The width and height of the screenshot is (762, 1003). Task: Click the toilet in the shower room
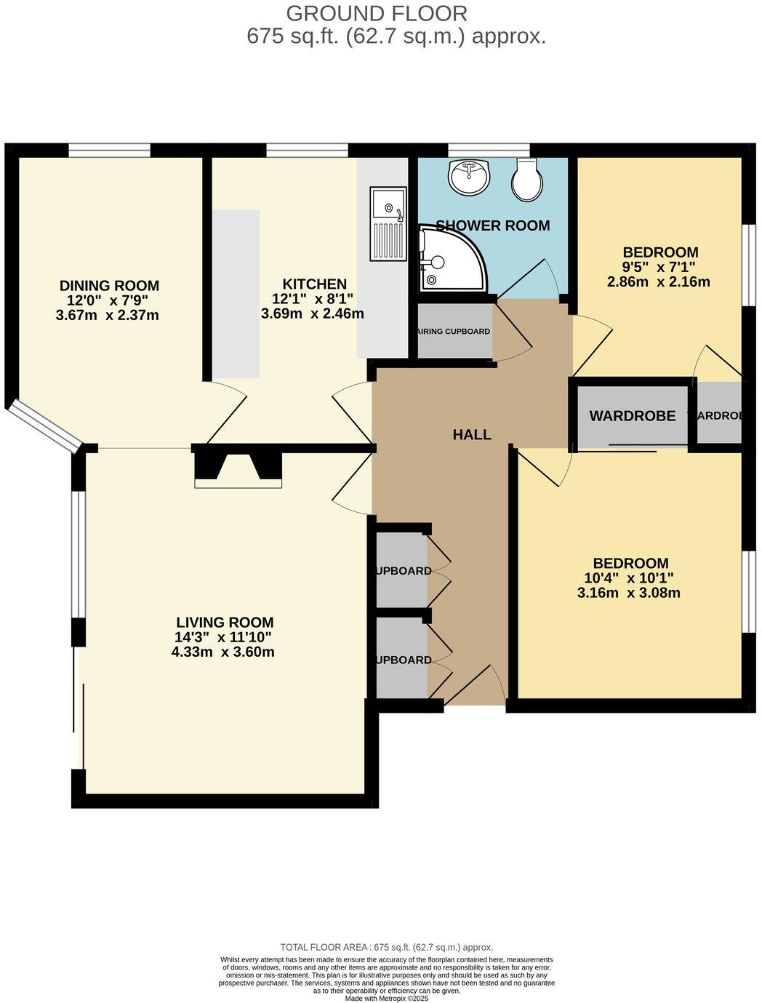[x=526, y=181]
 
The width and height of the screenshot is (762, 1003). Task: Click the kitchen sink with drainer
[x=387, y=223]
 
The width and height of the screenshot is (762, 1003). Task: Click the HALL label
[x=472, y=435]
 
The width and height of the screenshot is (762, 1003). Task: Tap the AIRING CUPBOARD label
[x=453, y=332]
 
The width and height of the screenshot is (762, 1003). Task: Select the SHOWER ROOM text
[x=493, y=225]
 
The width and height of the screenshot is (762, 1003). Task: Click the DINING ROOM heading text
[x=109, y=286]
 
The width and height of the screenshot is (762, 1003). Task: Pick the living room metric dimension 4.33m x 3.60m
[x=222, y=652]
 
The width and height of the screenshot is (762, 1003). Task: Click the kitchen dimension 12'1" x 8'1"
[x=313, y=299]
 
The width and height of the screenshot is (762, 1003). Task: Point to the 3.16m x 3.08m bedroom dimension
[x=629, y=593]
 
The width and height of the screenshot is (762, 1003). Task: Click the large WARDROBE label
[x=632, y=416]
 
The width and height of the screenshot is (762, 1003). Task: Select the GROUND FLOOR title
[x=376, y=13]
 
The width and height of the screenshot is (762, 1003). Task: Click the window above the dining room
[x=110, y=151]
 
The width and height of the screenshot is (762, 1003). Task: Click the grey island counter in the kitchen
[x=236, y=294]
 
